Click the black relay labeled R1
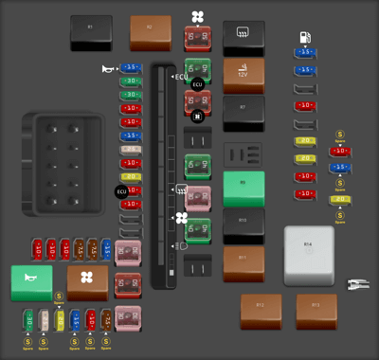click(x=91, y=32)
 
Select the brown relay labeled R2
click(x=150, y=32)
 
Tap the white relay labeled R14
click(x=309, y=255)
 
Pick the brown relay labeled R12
click(x=260, y=309)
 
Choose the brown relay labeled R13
click(x=316, y=309)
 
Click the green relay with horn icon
click(x=31, y=282)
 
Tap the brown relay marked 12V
click(x=244, y=74)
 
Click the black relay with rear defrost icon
click(x=244, y=38)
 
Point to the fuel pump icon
click(x=305, y=38)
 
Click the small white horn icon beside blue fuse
click(x=109, y=69)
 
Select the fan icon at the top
click(x=197, y=16)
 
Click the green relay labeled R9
click(x=244, y=188)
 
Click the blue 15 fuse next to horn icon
click(x=131, y=69)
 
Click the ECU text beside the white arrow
click(x=182, y=76)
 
